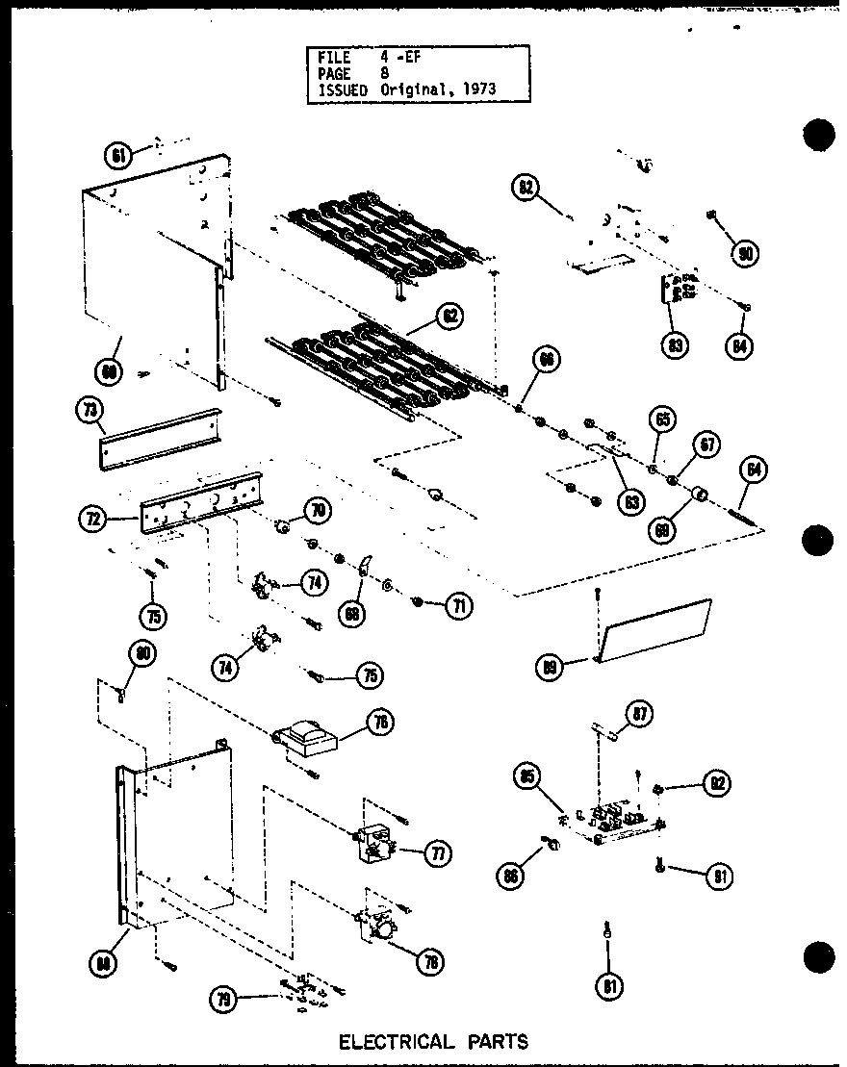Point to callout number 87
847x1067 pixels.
click(x=640, y=714)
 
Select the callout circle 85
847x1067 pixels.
click(x=527, y=777)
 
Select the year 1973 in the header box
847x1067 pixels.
click(x=481, y=89)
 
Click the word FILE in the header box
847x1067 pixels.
click(x=334, y=57)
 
